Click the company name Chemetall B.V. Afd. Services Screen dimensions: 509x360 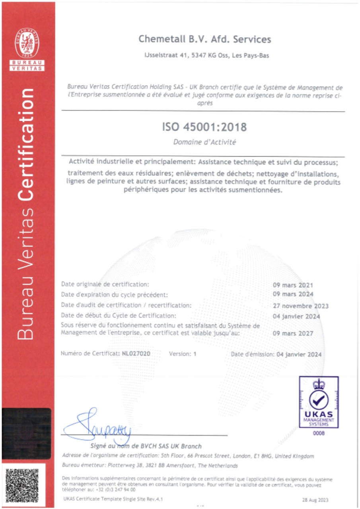tap(204, 39)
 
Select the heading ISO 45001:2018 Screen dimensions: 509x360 tap(204, 127)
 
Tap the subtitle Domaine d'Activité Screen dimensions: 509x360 tap(204, 142)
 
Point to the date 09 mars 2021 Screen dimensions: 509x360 tap(293, 285)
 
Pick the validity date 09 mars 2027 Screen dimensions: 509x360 tap(293, 334)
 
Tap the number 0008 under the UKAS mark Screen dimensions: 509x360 tap(319, 433)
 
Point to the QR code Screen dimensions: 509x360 tap(28, 485)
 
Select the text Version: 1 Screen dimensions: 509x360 tap(183, 354)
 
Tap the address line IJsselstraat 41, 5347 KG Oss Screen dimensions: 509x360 tap(206, 56)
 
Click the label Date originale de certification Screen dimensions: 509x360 tap(105, 284)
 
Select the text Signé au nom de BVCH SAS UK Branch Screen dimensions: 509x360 tap(146, 446)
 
